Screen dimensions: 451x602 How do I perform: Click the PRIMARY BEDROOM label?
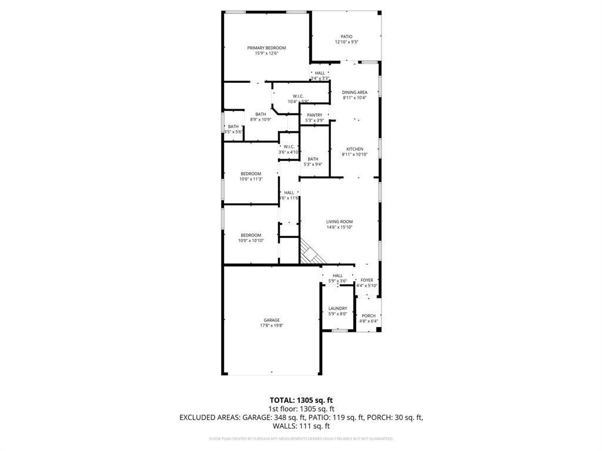pyautogui.click(x=266, y=48)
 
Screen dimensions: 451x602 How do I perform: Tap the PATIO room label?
pyautogui.click(x=347, y=36)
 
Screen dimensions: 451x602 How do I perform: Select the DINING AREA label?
pyautogui.click(x=354, y=92)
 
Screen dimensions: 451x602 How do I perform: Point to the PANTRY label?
pyautogui.click(x=315, y=115)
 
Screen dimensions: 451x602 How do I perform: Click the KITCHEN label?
pyautogui.click(x=354, y=149)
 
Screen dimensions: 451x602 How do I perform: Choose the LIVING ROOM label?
pyautogui.click(x=340, y=222)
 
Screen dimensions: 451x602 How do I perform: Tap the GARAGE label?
pyautogui.click(x=272, y=320)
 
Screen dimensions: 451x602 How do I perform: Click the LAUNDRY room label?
pyautogui.click(x=337, y=308)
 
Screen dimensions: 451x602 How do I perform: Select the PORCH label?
pyautogui.click(x=369, y=316)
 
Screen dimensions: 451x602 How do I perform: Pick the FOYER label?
pyautogui.click(x=367, y=280)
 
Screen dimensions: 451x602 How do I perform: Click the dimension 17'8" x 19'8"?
pyautogui.click(x=272, y=326)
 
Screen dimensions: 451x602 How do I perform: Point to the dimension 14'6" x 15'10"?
pyautogui.click(x=340, y=228)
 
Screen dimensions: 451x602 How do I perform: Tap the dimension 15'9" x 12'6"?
pyautogui.click(x=266, y=53)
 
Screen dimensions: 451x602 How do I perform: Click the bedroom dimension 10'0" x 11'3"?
pyautogui.click(x=251, y=179)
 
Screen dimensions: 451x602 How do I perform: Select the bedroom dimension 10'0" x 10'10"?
pyautogui.click(x=251, y=241)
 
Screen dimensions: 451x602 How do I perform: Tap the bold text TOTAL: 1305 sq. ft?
pyautogui.click(x=301, y=400)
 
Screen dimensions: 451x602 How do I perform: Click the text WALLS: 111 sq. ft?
pyautogui.click(x=301, y=426)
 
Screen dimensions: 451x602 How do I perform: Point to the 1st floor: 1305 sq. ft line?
pyautogui.click(x=301, y=409)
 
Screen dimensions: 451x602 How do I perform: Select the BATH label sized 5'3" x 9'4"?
pyautogui.click(x=313, y=159)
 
